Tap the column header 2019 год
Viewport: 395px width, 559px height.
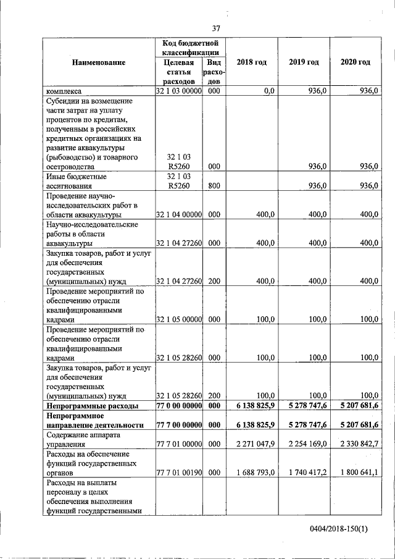click(304, 62)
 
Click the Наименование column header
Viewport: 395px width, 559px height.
click(98, 62)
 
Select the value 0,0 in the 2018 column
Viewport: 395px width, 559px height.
click(268, 91)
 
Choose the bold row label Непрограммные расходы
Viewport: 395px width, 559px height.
click(89, 405)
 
